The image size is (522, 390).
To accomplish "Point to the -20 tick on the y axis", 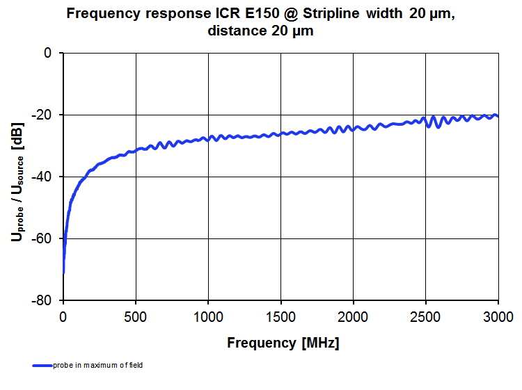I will coord(43,115).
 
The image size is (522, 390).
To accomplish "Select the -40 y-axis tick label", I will coord(43,177).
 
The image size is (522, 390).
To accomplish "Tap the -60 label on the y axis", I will coord(43,238).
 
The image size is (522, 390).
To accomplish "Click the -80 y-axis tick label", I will coord(43,300).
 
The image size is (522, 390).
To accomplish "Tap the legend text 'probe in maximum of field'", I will coord(97,365).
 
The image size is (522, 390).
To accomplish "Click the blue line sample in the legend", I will coord(41,365).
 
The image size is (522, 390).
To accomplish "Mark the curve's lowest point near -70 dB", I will coord(63,273).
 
